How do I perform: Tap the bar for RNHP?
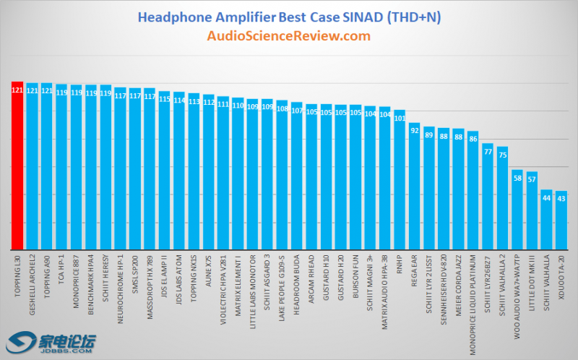coord(400,181)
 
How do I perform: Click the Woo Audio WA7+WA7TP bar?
coord(517,210)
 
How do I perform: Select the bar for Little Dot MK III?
coord(532,211)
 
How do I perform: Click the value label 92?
coord(414,130)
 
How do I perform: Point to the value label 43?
coord(561,197)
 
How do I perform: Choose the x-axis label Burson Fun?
coord(355,272)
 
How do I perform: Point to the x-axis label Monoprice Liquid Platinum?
coord(473,296)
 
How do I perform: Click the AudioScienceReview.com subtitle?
coord(289,35)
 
